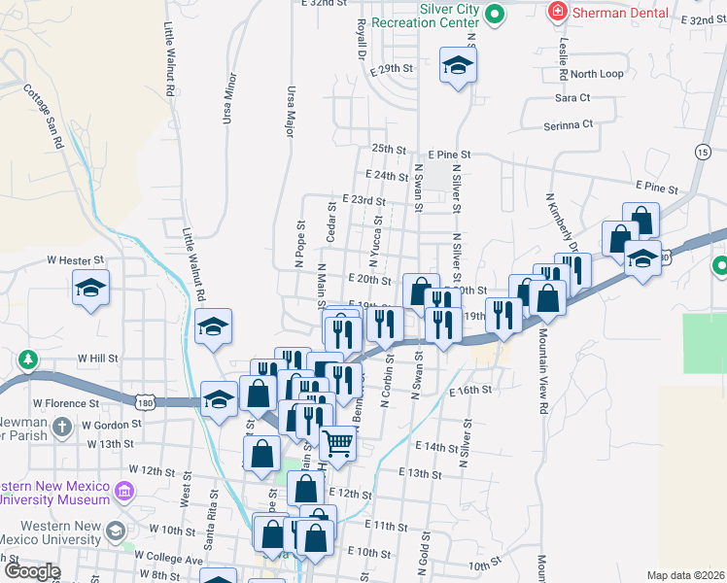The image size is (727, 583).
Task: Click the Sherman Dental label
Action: tap(620, 13)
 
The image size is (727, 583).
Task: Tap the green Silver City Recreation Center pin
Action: tap(494, 14)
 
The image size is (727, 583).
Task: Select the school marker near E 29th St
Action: tap(458, 66)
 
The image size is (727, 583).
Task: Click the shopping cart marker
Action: tap(337, 443)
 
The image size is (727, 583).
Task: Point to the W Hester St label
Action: tap(75, 260)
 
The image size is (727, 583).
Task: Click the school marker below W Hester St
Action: tap(90, 289)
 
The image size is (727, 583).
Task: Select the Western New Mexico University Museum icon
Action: tap(124, 491)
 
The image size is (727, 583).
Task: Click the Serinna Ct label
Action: tap(569, 124)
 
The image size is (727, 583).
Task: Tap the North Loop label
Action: tap(597, 74)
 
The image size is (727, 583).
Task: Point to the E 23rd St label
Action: tap(364, 199)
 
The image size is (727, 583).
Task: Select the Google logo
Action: tap(31, 571)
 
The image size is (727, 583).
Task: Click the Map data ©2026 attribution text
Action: tap(684, 575)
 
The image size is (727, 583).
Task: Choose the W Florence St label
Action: tap(66, 402)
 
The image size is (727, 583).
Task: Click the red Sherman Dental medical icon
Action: tap(558, 13)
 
